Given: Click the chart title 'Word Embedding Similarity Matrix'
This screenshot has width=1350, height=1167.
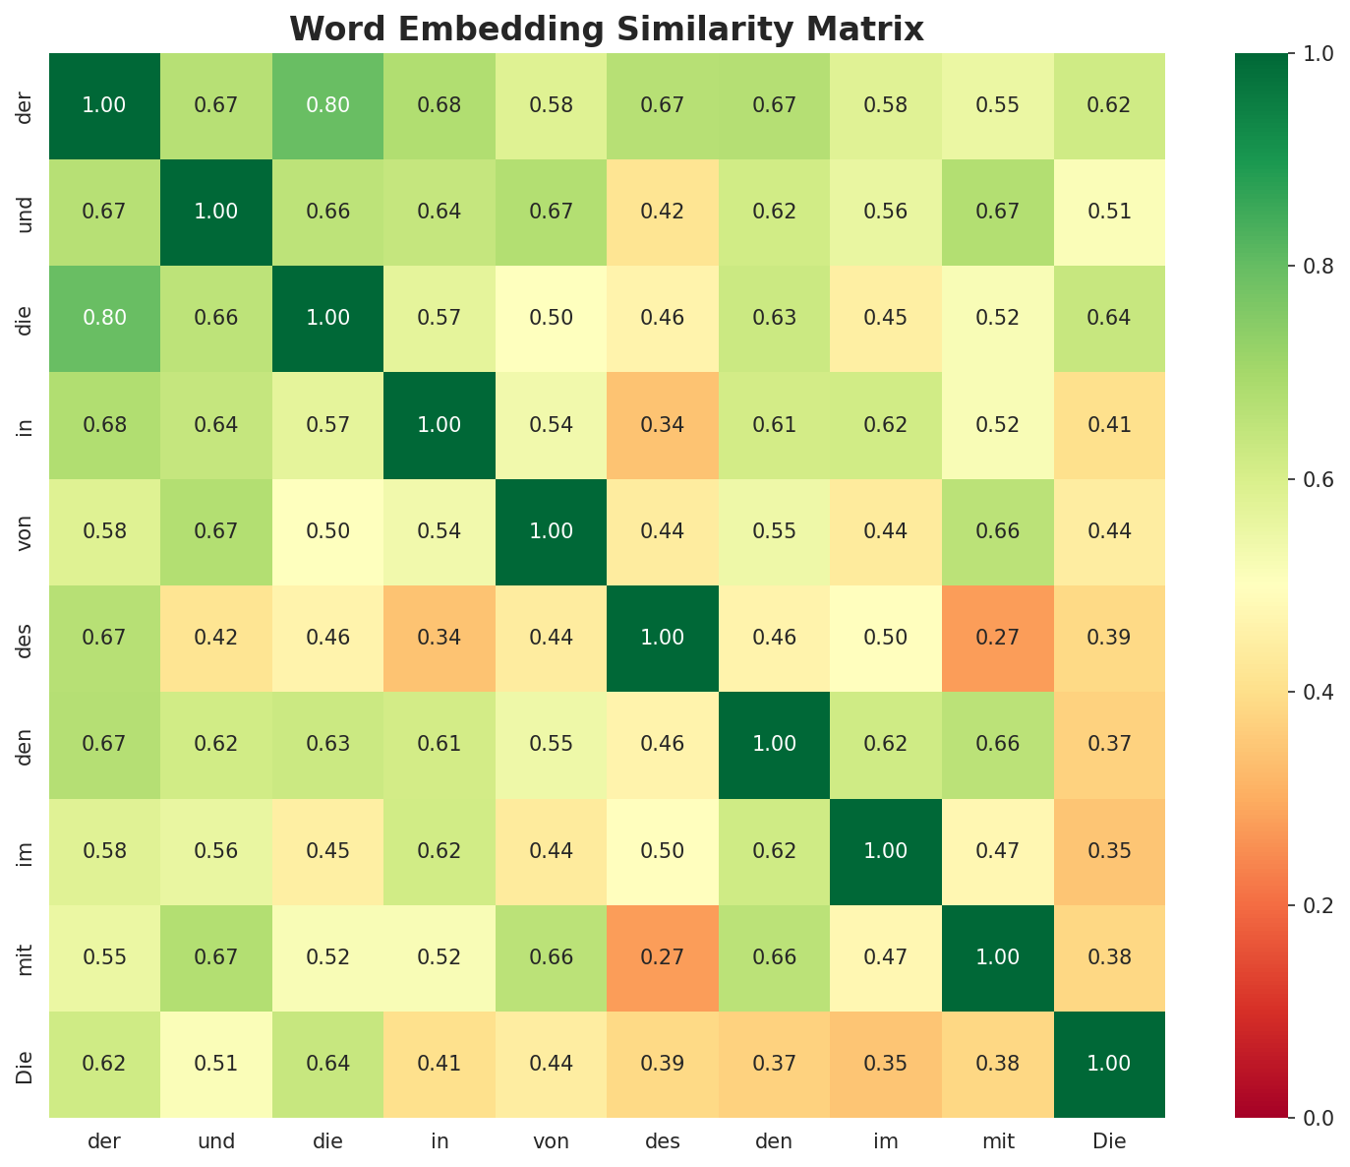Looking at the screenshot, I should point(607,30).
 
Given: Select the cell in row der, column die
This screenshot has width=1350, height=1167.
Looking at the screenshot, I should point(327,105).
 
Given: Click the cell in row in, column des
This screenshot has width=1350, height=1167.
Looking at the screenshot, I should point(663,425).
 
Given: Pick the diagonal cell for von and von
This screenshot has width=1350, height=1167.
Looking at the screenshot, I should point(552,531).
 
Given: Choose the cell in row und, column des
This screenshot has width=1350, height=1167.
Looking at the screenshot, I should point(663,212).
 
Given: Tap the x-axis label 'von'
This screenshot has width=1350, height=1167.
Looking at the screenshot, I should point(552,1141).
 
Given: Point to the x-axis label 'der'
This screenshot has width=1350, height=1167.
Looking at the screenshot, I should point(104,1141).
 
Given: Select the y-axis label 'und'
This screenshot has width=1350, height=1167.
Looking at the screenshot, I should point(26,212).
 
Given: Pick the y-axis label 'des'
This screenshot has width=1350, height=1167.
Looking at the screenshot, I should point(26,638).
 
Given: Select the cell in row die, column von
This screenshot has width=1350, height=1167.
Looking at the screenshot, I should point(552,318).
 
